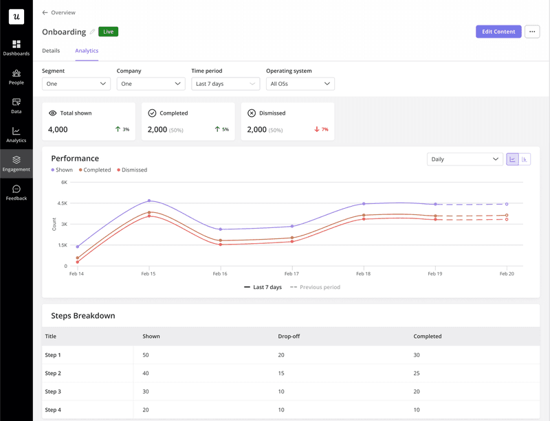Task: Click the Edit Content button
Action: [498, 32]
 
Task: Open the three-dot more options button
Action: [532, 32]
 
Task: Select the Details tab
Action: [51, 51]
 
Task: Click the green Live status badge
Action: [108, 32]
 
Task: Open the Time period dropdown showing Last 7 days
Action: [225, 84]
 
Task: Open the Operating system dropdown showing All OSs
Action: [300, 84]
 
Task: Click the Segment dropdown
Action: [76, 84]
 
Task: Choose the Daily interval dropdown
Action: [465, 159]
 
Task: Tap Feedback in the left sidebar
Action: [16, 193]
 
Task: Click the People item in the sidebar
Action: [16, 77]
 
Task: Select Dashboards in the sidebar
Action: [16, 48]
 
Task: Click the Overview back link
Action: [59, 12]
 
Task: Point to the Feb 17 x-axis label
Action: [291, 273]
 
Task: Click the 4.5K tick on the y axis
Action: [62, 203]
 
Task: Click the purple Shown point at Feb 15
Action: [149, 201]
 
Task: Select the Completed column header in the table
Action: [428, 337]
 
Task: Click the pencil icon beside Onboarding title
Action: [93, 32]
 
